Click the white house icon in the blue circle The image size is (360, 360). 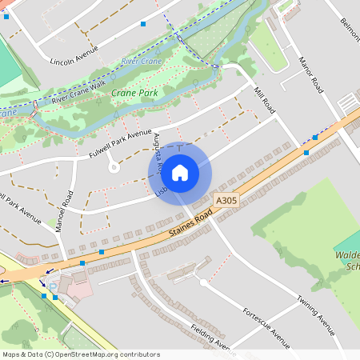click(x=180, y=172)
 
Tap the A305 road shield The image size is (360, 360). click(x=226, y=201)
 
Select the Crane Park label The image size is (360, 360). click(x=134, y=94)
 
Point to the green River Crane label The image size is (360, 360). click(x=141, y=61)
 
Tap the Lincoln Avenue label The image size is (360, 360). click(x=74, y=54)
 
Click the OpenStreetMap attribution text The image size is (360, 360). click(x=81, y=354)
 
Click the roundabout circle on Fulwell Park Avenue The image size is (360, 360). click(x=114, y=167)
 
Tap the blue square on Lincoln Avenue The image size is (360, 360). click(x=143, y=25)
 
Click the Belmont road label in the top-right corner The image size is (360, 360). click(x=350, y=32)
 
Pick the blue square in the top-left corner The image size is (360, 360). click(x=5, y=15)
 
